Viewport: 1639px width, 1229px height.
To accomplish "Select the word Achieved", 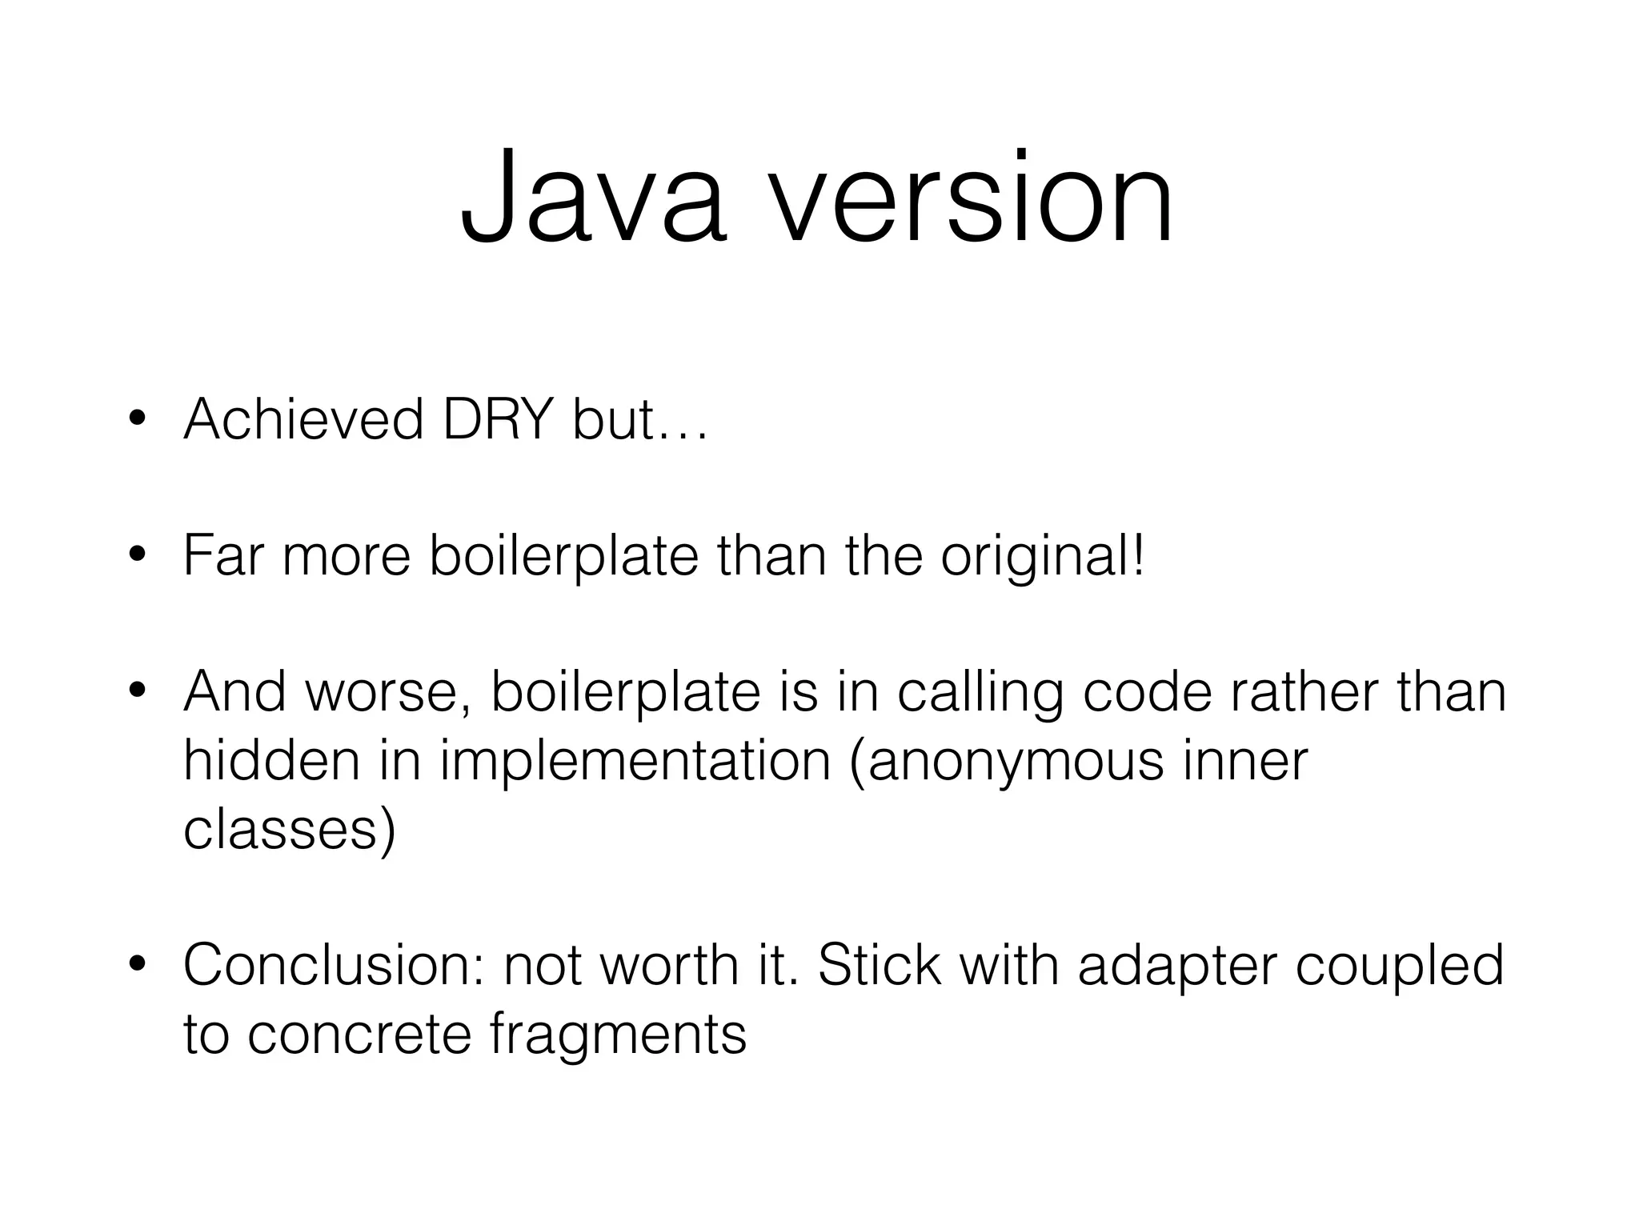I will point(303,419).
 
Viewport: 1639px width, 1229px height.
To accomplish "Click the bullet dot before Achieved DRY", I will point(138,419).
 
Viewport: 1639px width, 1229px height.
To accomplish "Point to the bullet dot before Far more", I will point(138,555).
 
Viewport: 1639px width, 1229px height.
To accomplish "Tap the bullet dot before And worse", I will point(138,691).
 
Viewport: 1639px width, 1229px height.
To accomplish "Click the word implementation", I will point(635,762).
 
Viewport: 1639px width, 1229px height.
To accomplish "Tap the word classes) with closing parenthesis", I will point(290,831).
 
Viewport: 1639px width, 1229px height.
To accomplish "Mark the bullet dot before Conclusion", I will point(138,965).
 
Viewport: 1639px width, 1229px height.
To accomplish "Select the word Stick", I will point(879,965).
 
